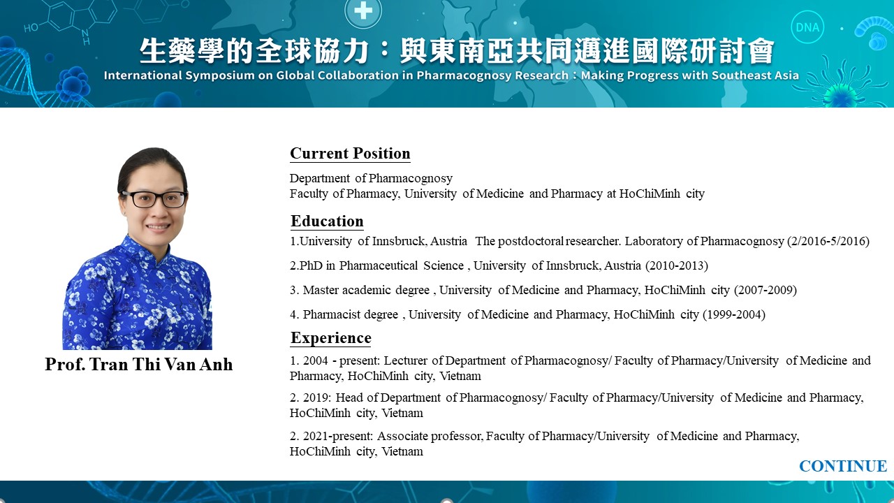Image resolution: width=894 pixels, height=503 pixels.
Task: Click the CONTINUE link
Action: (x=843, y=466)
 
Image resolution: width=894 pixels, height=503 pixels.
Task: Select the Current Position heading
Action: (x=350, y=153)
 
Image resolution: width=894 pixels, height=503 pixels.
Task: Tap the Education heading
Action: (x=327, y=221)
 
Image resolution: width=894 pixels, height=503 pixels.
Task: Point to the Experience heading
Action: (x=331, y=337)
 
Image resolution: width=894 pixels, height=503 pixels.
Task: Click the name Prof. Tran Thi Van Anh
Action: (x=138, y=364)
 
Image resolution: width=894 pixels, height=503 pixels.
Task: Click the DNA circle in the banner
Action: (x=807, y=27)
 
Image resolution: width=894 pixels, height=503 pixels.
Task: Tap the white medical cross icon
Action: (x=362, y=10)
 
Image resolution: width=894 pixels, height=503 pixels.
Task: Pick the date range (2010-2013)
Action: (x=677, y=265)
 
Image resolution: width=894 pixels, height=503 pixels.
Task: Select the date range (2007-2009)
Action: (x=765, y=290)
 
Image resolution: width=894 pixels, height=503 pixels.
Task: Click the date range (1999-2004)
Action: (x=734, y=314)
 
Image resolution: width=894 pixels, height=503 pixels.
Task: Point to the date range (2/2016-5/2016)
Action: (x=828, y=241)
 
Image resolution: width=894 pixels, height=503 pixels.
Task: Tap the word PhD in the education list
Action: (x=311, y=265)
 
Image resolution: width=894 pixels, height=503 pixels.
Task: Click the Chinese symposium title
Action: (x=457, y=51)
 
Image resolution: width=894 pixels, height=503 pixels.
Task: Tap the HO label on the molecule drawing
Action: (x=31, y=27)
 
